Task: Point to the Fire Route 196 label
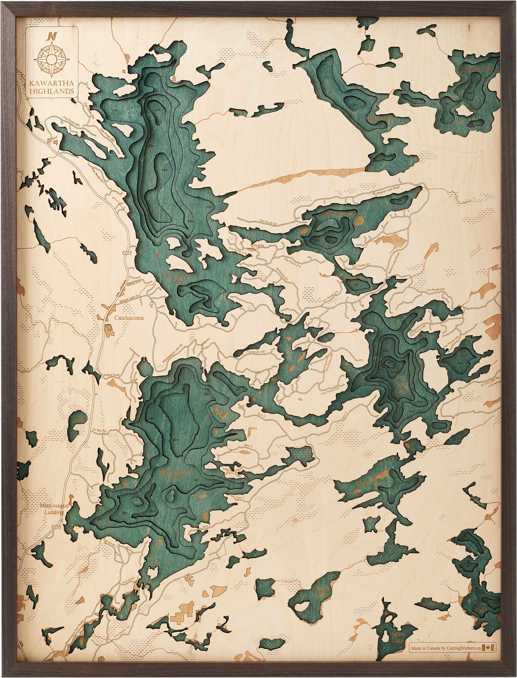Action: (x=255, y=352)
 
